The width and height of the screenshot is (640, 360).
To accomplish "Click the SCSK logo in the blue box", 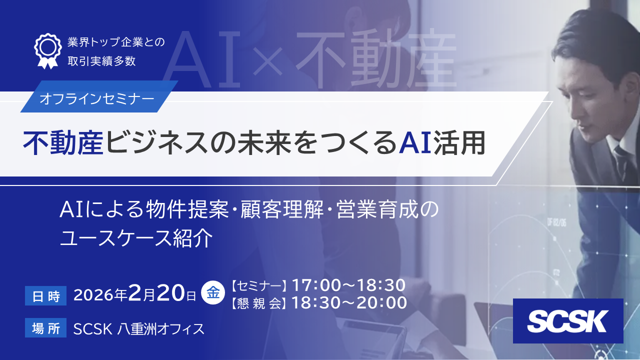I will [568, 321].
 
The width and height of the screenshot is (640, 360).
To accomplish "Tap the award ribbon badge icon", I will [47, 50].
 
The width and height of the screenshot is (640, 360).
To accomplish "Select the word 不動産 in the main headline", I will [63, 143].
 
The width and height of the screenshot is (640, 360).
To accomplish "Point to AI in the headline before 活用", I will [414, 143].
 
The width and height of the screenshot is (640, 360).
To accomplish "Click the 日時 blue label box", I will [45, 295].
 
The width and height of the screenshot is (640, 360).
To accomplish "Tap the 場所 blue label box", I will [45, 328].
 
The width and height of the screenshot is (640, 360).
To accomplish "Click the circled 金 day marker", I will [213, 291].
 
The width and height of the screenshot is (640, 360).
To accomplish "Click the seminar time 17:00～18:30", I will [348, 285].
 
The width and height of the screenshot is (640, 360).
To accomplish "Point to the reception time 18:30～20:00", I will [349, 302].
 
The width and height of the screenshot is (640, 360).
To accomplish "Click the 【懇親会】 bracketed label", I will [259, 303].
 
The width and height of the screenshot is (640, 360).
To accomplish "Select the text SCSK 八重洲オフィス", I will [138, 329].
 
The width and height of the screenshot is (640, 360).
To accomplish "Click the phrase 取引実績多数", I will [101, 61].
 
